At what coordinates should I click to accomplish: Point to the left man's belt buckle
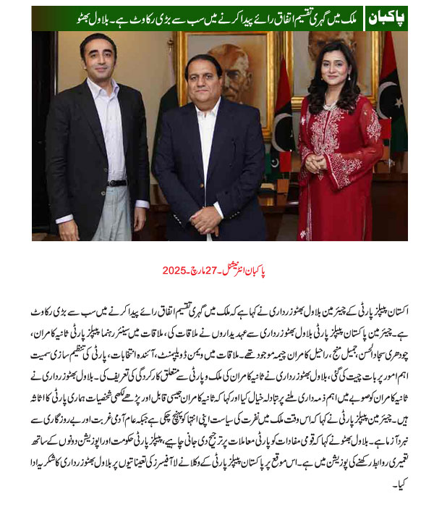[x=116, y=183]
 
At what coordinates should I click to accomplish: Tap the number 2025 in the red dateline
[x=174, y=270]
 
